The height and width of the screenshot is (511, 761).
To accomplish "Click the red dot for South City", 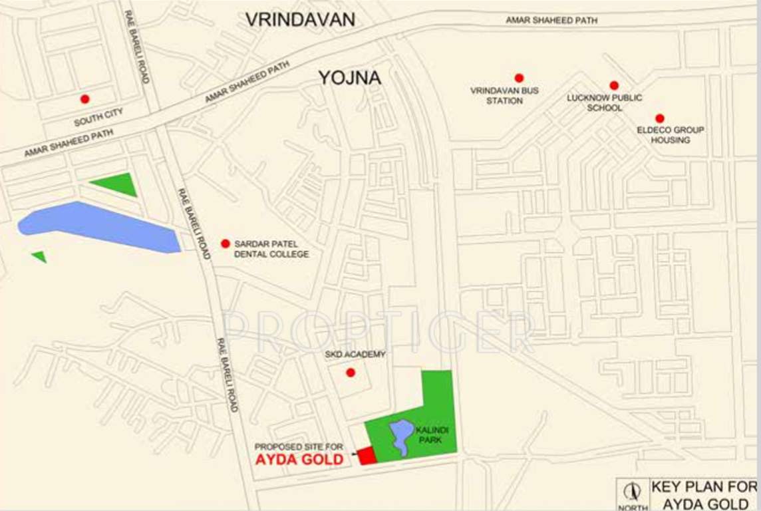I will tap(84, 99).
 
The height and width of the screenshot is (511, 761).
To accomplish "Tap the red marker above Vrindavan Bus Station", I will tap(519, 78).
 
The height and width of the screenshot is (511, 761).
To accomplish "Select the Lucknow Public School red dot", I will tap(614, 85).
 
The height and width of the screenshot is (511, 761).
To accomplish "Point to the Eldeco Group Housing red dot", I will tap(659, 118).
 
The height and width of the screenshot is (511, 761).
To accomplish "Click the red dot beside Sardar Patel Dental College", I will tap(226, 244).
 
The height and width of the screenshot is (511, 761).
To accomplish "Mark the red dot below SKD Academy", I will tap(351, 373).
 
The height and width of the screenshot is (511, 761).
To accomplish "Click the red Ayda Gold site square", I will tap(367, 456).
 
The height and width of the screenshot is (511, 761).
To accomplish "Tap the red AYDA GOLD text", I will tap(299, 460).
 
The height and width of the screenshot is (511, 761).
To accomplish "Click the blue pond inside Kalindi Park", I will tap(401, 436).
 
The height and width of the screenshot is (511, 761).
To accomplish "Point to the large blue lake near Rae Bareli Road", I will tap(100, 226).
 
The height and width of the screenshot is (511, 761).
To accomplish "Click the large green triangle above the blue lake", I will tap(117, 184).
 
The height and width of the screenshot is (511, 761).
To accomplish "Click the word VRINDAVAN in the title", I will tap(301, 20).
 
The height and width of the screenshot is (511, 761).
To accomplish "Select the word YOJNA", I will tap(349, 78).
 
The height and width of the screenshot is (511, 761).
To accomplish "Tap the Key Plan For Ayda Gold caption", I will tap(704, 495).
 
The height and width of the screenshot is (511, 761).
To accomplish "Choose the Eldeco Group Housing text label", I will tap(671, 135).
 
